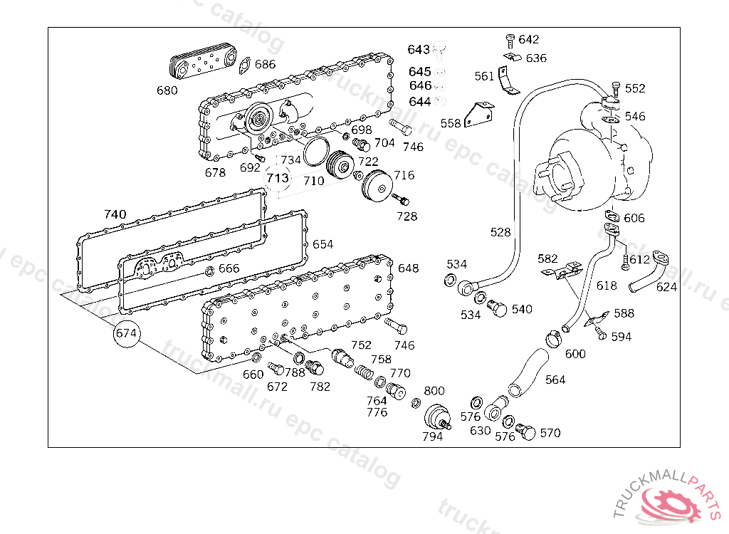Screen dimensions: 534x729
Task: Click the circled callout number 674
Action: tap(126, 333)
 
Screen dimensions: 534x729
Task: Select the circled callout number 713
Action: tap(278, 177)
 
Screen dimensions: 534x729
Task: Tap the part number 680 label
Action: tap(167, 90)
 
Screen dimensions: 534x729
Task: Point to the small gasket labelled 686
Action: tap(243, 66)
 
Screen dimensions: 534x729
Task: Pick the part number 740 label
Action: tap(115, 214)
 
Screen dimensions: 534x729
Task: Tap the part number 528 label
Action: tap(500, 232)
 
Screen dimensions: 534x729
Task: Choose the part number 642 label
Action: tap(529, 40)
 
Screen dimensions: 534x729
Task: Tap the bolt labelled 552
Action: tap(615, 89)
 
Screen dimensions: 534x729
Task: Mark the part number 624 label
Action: tap(666, 287)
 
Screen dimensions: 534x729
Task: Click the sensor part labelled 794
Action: tap(436, 417)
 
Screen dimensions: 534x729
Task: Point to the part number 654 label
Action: tap(322, 244)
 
